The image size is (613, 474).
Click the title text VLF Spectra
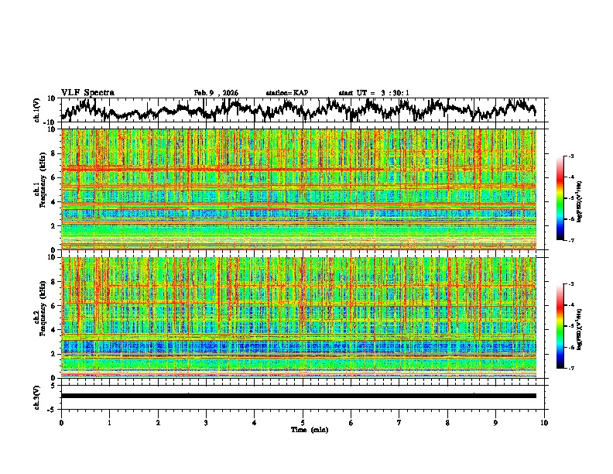coord(87,93)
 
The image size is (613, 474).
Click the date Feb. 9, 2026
coord(216,93)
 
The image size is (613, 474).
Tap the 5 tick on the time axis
coord(303,423)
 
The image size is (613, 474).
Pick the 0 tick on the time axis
coord(61,423)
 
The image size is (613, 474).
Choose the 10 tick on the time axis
coord(544,423)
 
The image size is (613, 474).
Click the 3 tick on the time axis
coord(206,423)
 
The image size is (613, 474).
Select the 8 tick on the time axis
coord(447,423)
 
